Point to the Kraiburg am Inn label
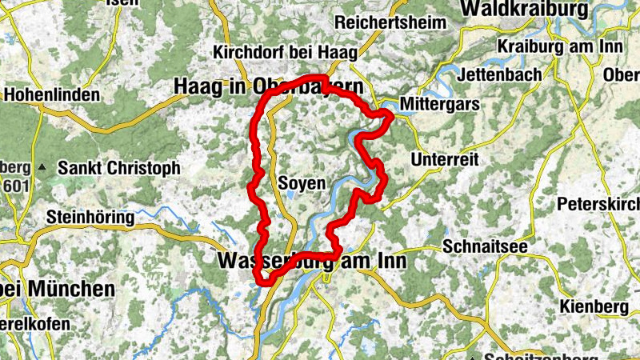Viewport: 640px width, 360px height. [x=559, y=46]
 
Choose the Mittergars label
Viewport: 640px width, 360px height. [x=440, y=104]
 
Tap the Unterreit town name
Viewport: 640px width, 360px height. [x=444, y=160]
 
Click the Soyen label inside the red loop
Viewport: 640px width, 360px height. [x=302, y=184]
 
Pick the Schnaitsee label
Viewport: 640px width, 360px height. [x=485, y=246]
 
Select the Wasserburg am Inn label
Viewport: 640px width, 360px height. [x=312, y=261]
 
